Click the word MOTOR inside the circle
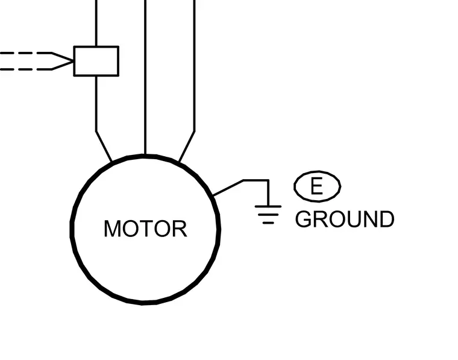[145, 229]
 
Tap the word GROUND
[345, 219]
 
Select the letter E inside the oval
[317, 186]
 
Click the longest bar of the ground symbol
[268, 206]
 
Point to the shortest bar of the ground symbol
[268, 223]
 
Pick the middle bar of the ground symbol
[268, 215]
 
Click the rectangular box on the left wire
[96, 61]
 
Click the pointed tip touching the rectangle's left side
[73, 62]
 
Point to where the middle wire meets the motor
[145, 154]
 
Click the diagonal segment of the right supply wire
[187, 147]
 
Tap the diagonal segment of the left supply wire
[104, 147]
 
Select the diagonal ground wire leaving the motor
[228, 188]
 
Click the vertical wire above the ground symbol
[268, 193]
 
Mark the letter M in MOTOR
[112, 229]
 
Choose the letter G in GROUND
[303, 219]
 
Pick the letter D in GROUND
[386, 219]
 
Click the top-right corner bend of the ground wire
[268, 180]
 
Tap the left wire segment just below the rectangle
[96, 104]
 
